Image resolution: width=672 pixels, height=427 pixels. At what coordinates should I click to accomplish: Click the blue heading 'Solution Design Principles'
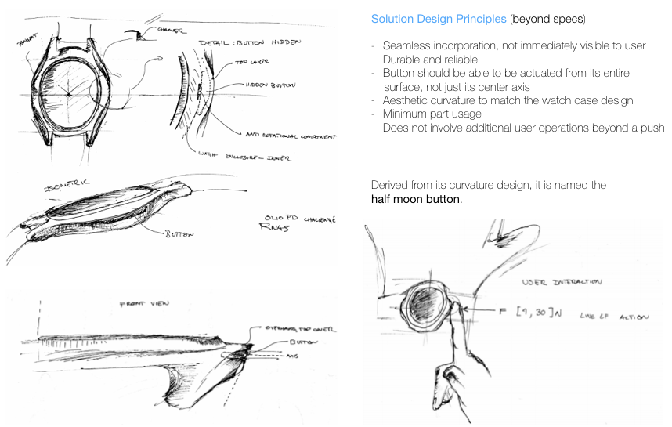(x=439, y=19)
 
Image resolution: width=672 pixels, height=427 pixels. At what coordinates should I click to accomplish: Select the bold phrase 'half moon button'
(x=416, y=199)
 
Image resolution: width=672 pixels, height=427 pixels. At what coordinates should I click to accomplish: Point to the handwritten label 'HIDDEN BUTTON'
(x=264, y=85)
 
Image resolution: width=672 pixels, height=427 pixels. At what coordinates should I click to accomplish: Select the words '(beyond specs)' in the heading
(x=551, y=19)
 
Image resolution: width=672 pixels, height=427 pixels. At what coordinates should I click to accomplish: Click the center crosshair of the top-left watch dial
(x=69, y=93)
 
